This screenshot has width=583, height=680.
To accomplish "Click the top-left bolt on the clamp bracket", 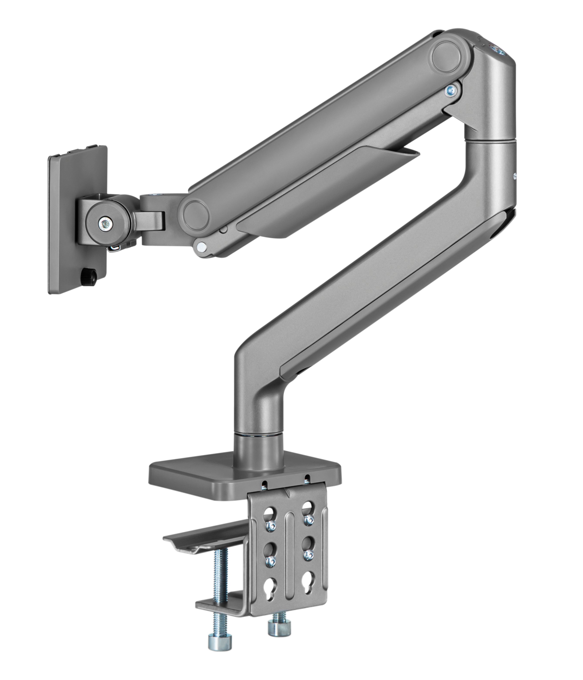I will pyautogui.click(x=271, y=526).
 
